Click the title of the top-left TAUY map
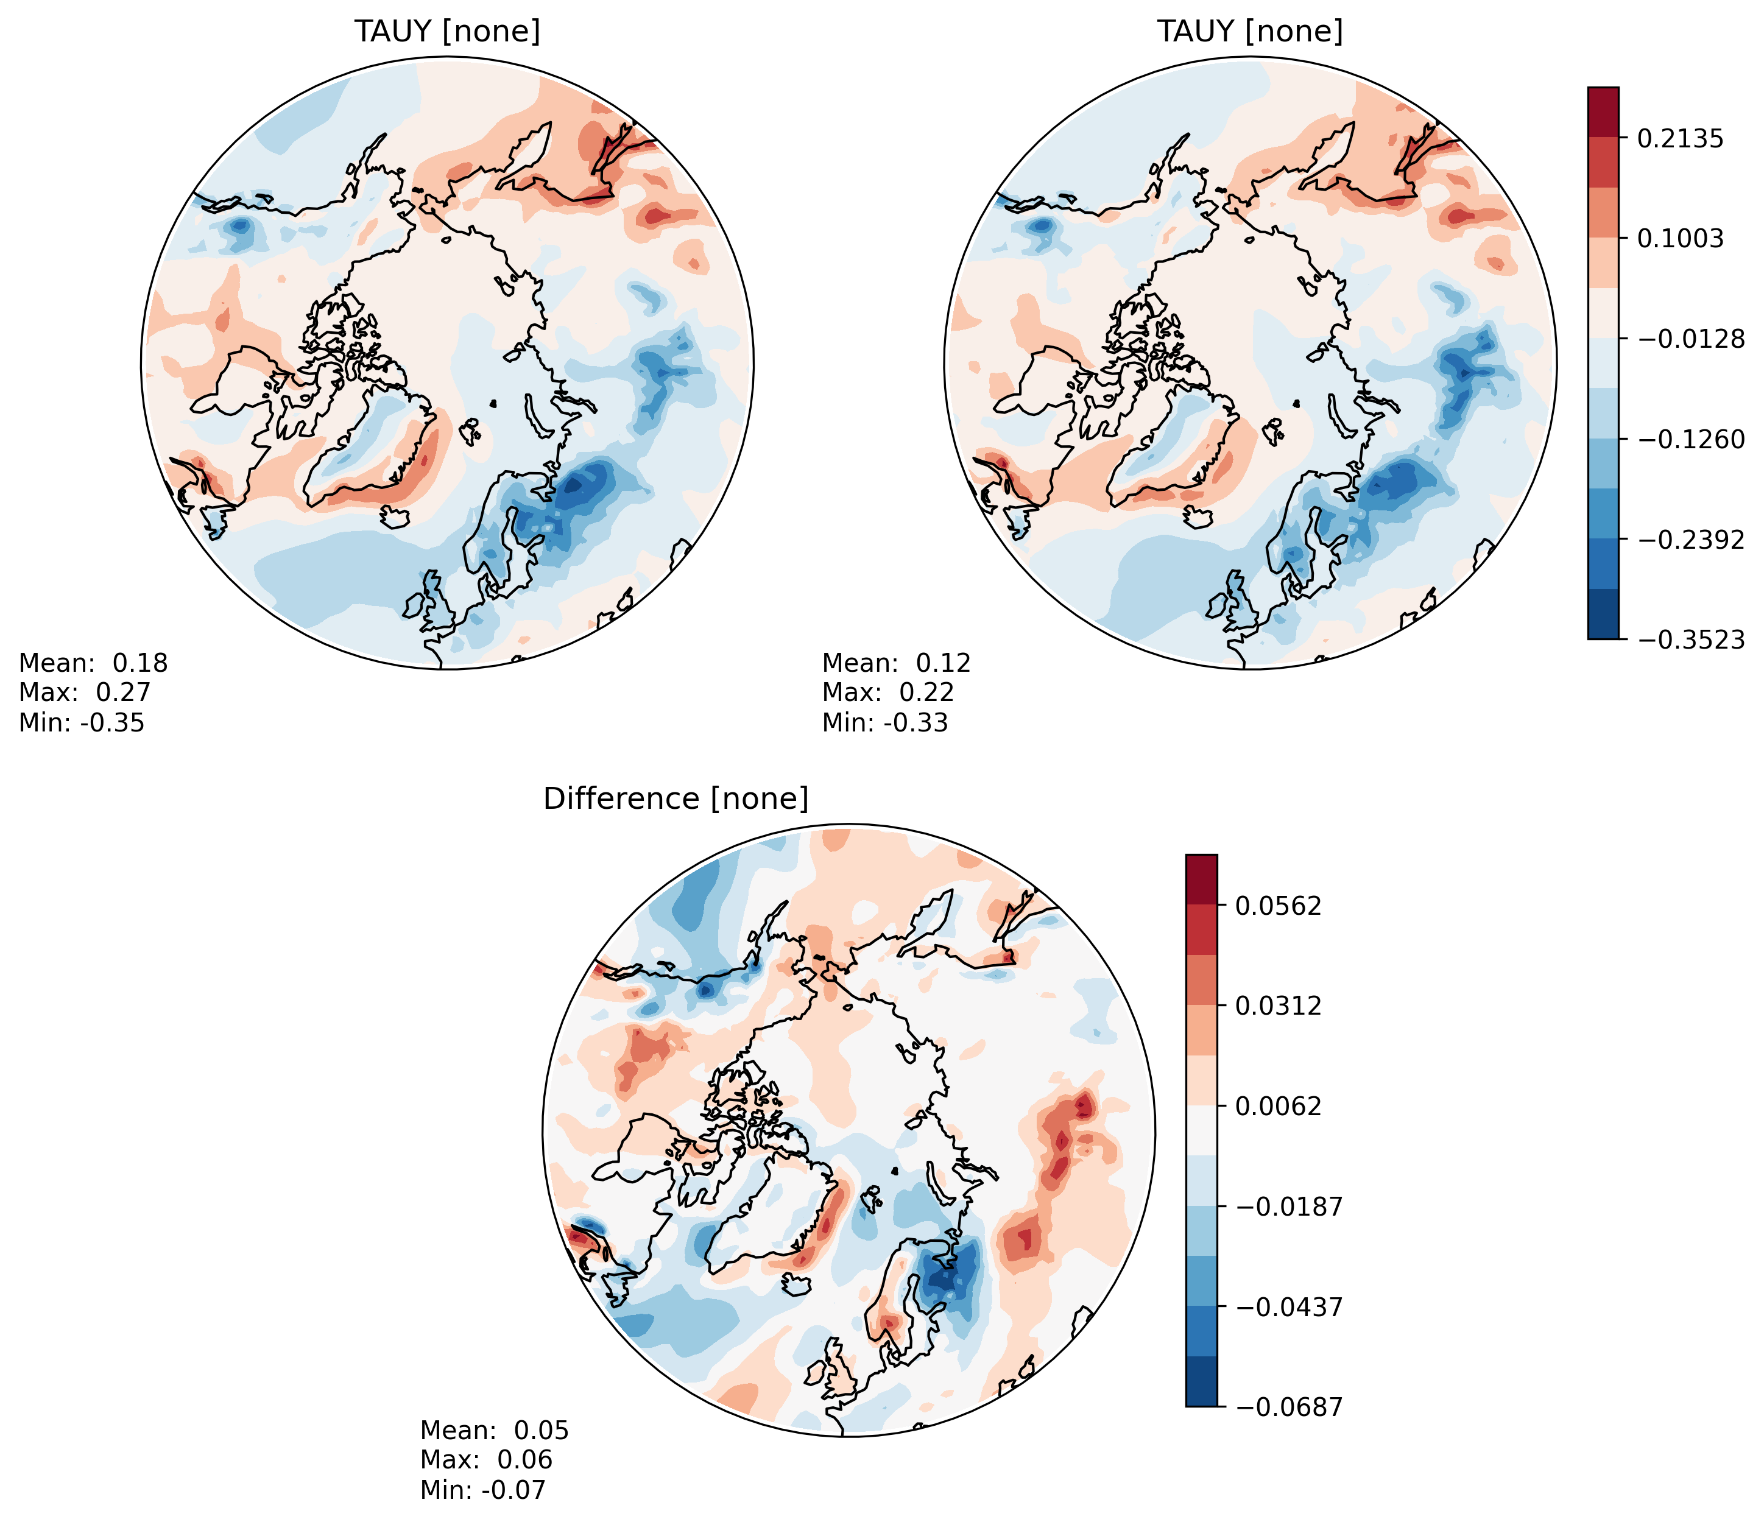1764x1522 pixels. click(x=447, y=32)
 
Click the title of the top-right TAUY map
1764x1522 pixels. click(x=1250, y=32)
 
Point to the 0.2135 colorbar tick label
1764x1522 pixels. click(x=1681, y=138)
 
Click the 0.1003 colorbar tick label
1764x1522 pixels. click(x=1681, y=238)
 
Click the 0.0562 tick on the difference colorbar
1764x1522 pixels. click(x=1279, y=906)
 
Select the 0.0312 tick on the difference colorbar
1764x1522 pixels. click(x=1279, y=1006)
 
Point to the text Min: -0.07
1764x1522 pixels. click(x=482, y=1490)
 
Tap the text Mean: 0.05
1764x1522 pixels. click(x=494, y=1430)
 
